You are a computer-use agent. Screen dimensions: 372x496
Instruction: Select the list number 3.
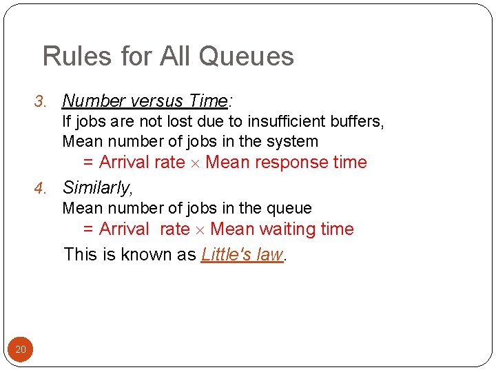click(39, 102)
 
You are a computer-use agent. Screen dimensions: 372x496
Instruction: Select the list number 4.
click(39, 188)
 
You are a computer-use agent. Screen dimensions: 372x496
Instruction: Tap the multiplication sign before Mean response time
click(196, 163)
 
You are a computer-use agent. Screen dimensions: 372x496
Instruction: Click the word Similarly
click(96, 187)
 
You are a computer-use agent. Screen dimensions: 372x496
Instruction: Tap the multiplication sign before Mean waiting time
click(200, 230)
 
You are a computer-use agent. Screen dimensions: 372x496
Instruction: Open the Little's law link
click(242, 254)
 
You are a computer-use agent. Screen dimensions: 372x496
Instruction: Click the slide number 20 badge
click(21, 350)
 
